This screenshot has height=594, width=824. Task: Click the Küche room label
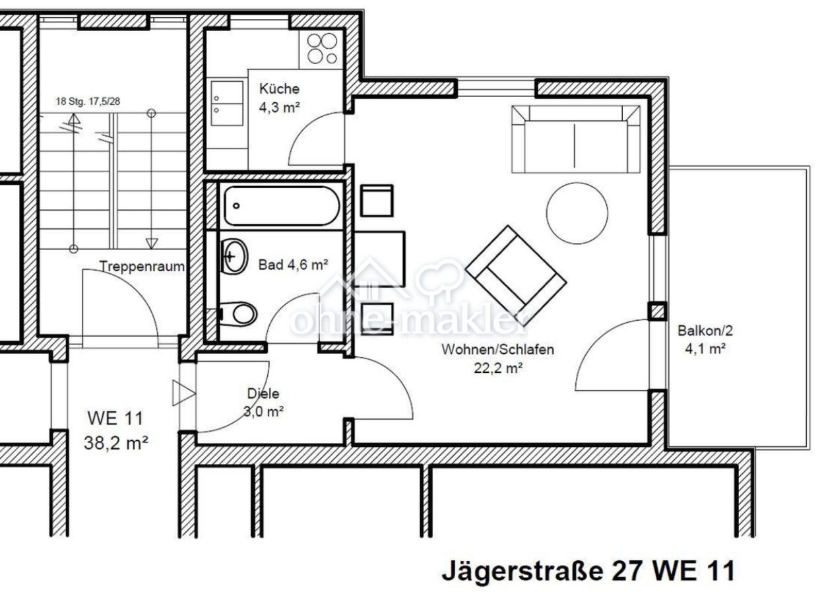tap(279, 88)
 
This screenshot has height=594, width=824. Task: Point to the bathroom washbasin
tap(234, 256)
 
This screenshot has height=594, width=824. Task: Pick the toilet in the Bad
tap(239, 313)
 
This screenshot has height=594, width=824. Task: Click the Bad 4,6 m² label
tap(293, 265)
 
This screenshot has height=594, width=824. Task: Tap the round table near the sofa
tap(577, 213)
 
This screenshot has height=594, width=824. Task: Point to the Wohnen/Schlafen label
tap(498, 350)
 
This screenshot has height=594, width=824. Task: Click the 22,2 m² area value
tap(498, 368)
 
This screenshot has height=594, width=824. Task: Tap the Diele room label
tap(263, 393)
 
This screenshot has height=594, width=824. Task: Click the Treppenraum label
tap(141, 267)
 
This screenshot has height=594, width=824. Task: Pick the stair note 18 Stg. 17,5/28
tap(91, 102)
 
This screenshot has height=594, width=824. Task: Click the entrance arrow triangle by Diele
tap(183, 393)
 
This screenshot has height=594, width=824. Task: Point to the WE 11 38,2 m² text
tap(115, 430)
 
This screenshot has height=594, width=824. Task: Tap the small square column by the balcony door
tap(657, 311)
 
